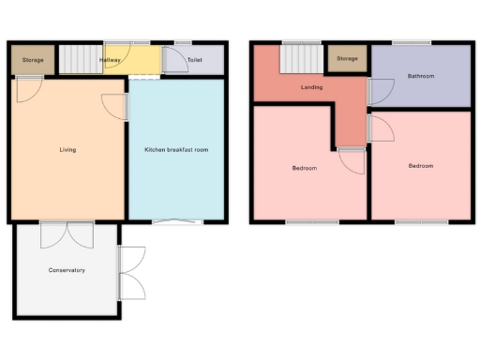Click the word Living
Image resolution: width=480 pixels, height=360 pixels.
[67, 149]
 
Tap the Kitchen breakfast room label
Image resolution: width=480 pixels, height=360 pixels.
[175, 150]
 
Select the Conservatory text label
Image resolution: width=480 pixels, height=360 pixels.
[67, 270]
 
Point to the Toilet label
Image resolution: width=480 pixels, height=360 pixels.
[194, 60]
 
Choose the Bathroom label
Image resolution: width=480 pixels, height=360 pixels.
[420, 75]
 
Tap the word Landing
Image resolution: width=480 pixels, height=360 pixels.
[312, 87]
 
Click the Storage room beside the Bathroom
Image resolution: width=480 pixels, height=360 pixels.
[347, 60]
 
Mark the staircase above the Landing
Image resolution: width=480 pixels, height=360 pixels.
[301, 62]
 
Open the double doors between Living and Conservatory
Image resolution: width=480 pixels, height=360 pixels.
[67, 232]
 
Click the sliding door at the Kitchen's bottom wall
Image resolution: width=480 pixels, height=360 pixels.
[177, 221]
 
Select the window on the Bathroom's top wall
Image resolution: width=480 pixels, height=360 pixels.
[411, 43]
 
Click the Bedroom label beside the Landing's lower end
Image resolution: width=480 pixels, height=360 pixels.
[304, 169]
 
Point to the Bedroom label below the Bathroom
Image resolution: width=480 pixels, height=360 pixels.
[420, 166]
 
